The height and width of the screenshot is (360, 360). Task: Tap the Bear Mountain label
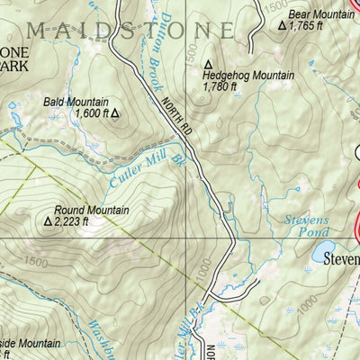321,15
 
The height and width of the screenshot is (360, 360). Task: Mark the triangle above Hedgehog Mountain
209,65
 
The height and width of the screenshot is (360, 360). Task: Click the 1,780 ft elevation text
220,88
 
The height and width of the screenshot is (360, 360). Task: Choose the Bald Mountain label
76,103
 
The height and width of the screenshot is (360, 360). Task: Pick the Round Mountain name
92,210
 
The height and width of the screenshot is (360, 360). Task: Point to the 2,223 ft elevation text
72,221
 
